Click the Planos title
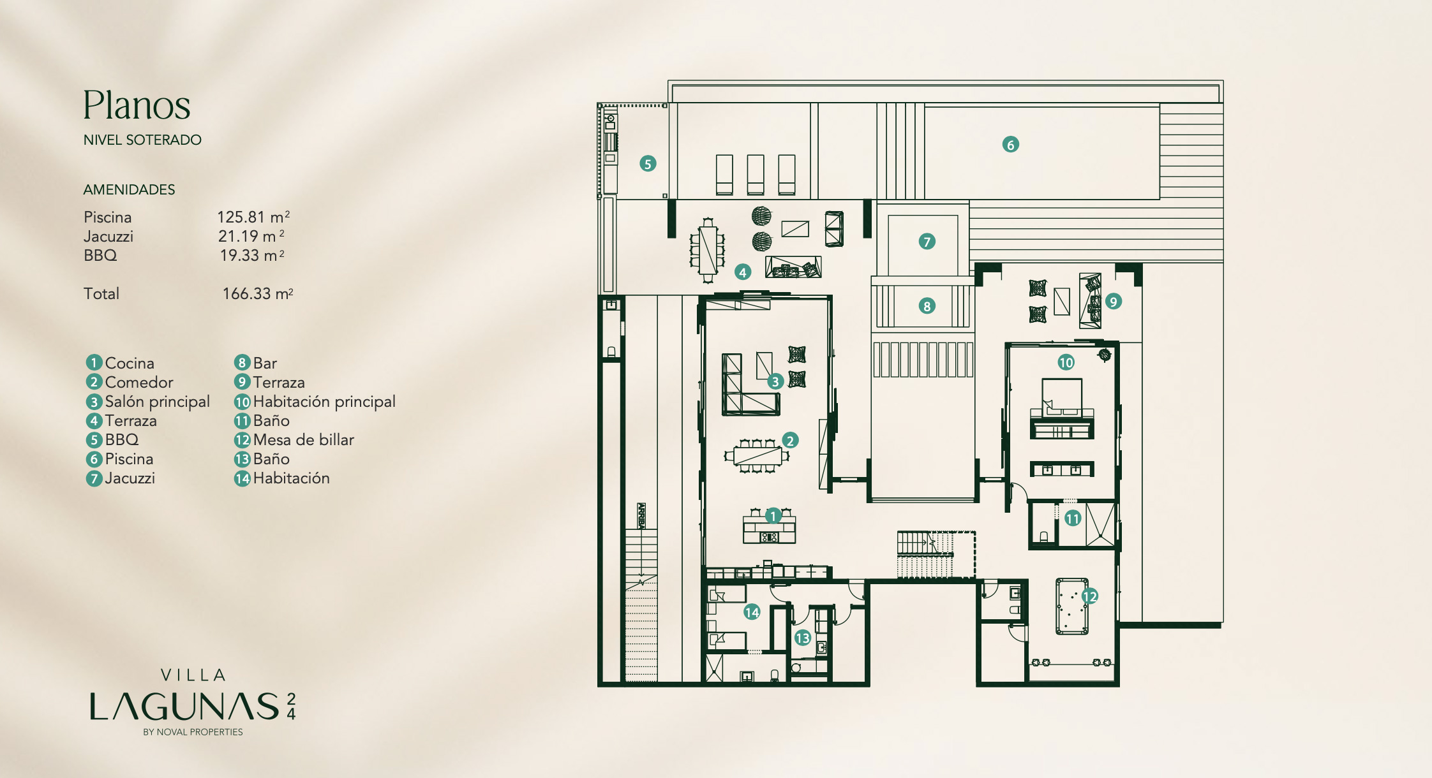point(137,105)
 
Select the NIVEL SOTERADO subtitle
point(142,140)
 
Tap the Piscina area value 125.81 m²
point(253,217)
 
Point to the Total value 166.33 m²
point(258,293)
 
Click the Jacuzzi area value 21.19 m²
point(251,236)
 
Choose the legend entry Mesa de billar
point(294,439)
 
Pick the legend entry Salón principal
point(148,402)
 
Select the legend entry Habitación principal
point(315,402)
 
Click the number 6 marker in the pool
point(1010,145)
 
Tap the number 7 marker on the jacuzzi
point(927,242)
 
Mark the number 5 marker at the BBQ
point(648,164)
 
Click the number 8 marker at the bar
point(927,306)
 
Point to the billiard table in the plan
point(1072,606)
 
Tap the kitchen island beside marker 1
point(769,529)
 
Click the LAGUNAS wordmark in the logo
point(184,707)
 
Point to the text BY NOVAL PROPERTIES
point(193,732)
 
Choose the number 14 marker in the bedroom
point(752,612)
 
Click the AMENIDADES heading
point(129,189)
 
